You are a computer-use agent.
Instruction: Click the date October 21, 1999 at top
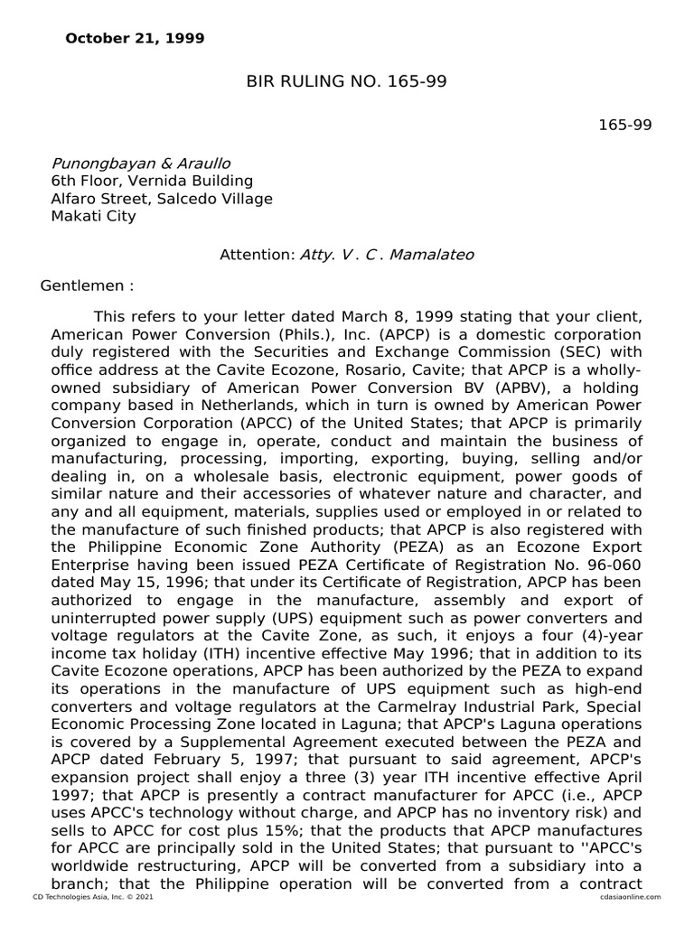pyautogui.click(x=135, y=39)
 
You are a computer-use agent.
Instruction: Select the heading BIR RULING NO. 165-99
pyautogui.click(x=347, y=82)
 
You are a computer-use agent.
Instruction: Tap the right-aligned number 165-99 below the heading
pyautogui.click(x=624, y=125)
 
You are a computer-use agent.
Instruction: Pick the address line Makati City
pyautogui.click(x=93, y=216)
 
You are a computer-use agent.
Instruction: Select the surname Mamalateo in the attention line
pyautogui.click(x=432, y=255)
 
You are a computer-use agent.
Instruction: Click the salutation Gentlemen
pyautogui.click(x=82, y=286)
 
